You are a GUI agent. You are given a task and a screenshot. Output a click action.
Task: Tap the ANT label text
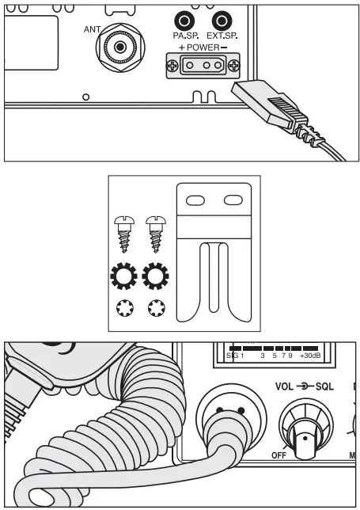click(91, 29)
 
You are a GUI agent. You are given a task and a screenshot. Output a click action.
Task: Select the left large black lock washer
click(126, 278)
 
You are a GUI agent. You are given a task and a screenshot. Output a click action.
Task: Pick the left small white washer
click(126, 310)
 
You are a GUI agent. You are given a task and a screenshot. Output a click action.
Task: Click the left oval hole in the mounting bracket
click(193, 201)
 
